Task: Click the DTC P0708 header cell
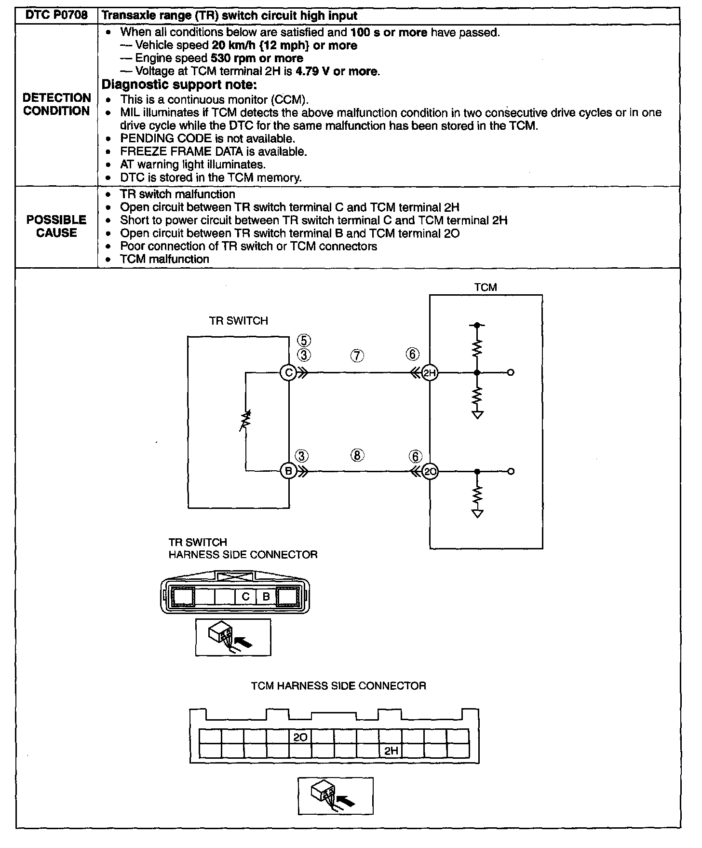56,15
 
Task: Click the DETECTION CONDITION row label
56,104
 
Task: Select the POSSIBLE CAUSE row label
56,226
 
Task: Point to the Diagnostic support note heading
179,85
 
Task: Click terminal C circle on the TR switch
288,372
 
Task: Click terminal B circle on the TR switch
288,471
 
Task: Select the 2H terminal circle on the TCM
430,372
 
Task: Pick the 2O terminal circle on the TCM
430,471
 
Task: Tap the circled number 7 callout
357,356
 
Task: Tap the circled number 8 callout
357,455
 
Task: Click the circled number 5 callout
304,341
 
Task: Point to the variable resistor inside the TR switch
246,421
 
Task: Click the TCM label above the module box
485,287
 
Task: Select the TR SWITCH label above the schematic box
238,321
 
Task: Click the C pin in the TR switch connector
245,597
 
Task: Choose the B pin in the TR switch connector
266,597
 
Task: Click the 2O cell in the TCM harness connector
300,738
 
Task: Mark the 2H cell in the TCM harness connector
391,751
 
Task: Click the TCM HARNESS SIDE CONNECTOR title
338,686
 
